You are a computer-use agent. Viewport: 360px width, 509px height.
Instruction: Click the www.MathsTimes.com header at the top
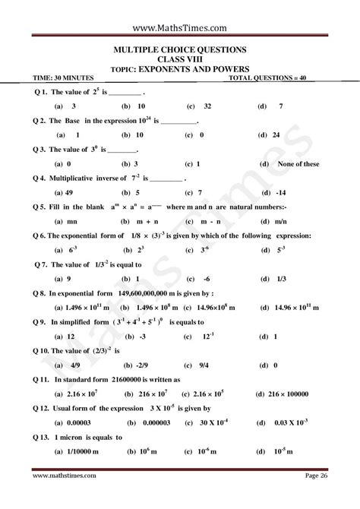[x=180, y=28]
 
